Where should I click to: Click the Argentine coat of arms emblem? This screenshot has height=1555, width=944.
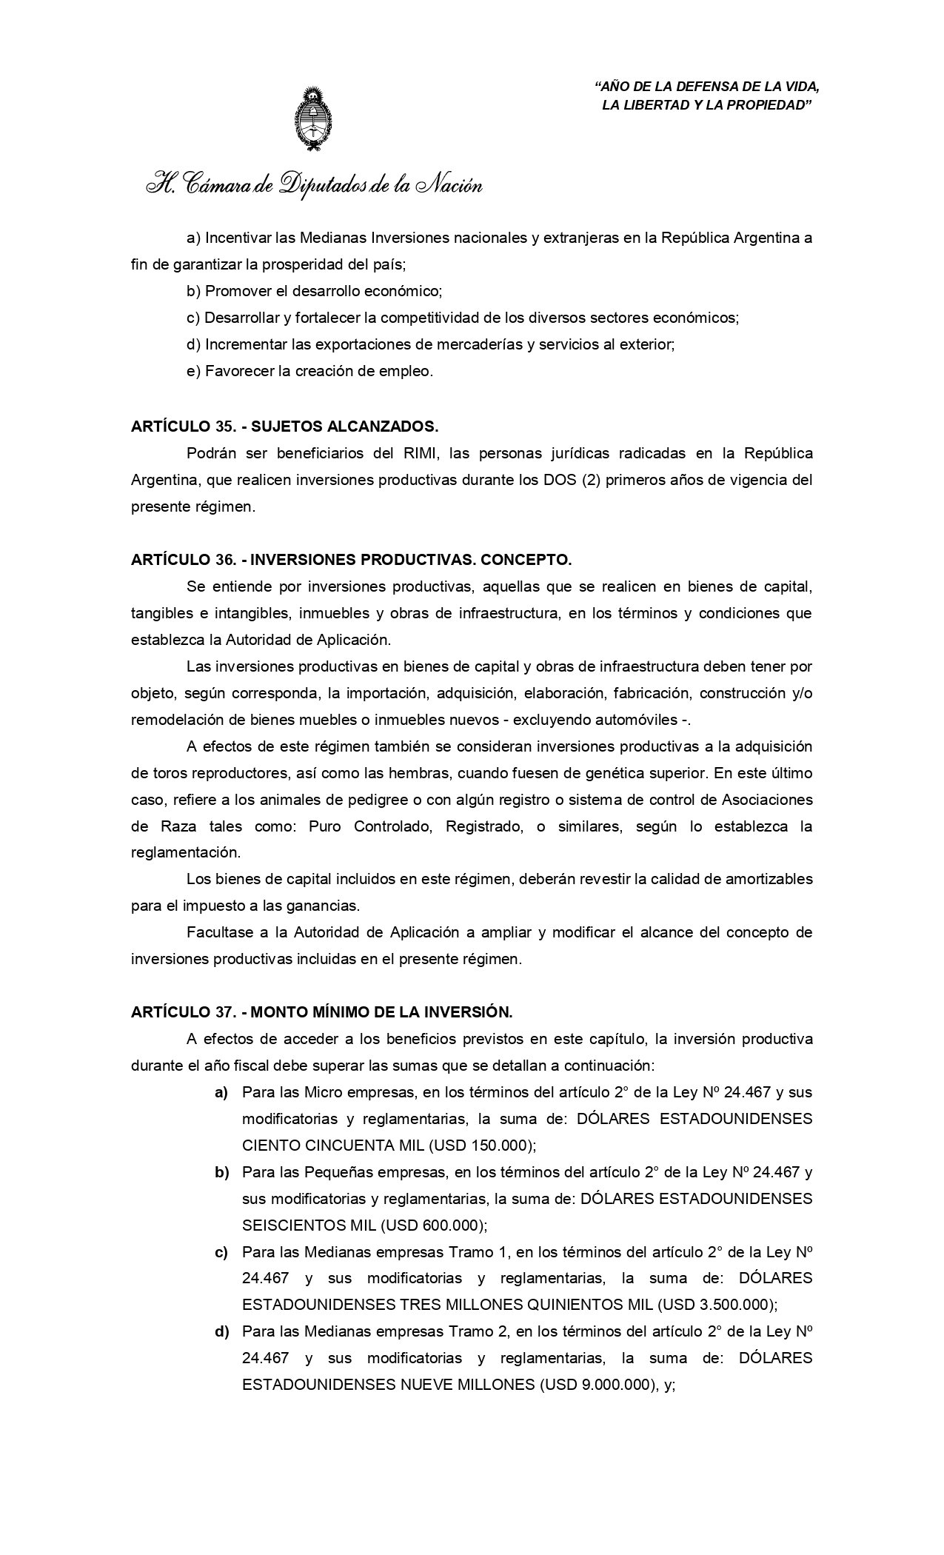(x=314, y=119)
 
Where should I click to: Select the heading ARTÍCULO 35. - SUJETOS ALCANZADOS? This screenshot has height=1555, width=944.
(x=285, y=427)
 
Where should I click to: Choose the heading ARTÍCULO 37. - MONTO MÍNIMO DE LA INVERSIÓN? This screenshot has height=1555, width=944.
(x=321, y=1011)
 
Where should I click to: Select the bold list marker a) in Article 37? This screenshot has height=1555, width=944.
(x=221, y=1092)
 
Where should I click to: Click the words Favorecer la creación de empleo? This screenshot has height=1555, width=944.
(x=318, y=372)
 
